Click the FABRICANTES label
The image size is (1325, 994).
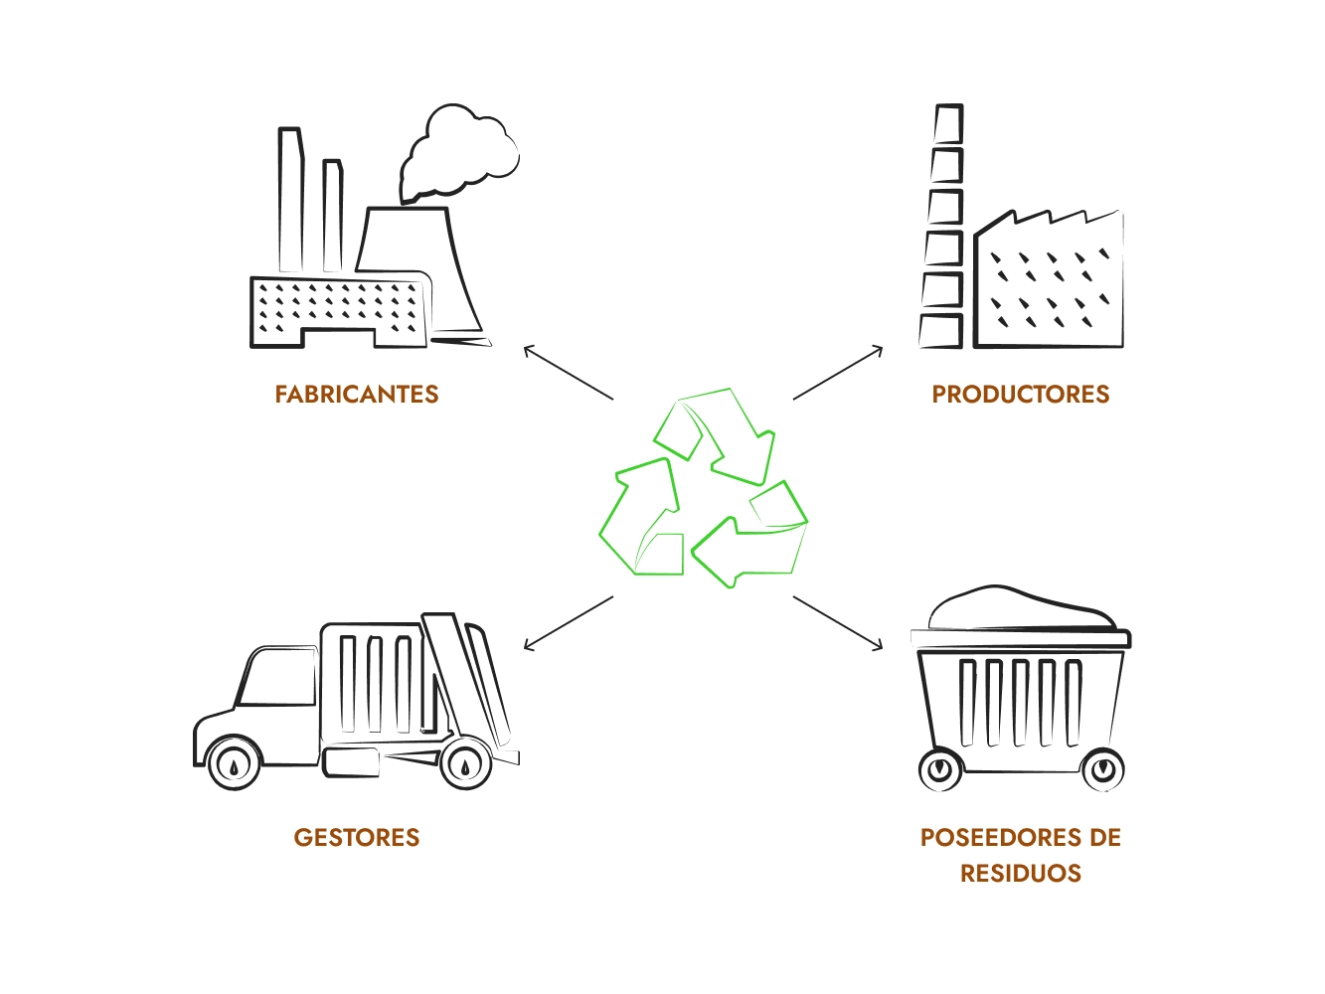pyautogui.click(x=357, y=395)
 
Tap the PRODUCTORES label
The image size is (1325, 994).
pyautogui.click(x=1020, y=395)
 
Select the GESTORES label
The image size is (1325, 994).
pyautogui.click(x=357, y=837)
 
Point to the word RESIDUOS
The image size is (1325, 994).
pyautogui.click(x=1020, y=873)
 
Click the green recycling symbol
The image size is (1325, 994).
pyautogui.click(x=704, y=487)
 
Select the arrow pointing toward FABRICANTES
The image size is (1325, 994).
pyautogui.click(x=568, y=373)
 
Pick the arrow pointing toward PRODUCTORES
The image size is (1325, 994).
pyautogui.click(x=838, y=373)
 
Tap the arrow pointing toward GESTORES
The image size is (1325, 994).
pyautogui.click(x=568, y=623)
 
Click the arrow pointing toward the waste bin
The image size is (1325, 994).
pyautogui.click(x=838, y=623)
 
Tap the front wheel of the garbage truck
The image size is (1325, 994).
pyautogui.click(x=235, y=764)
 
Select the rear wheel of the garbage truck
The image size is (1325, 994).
pyautogui.click(x=465, y=764)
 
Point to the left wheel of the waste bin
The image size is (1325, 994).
pyautogui.click(x=940, y=769)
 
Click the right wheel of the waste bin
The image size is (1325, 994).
pyautogui.click(x=1101, y=769)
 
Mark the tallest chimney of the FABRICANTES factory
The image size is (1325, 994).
pyautogui.click(x=290, y=199)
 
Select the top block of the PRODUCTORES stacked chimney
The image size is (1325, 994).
pyautogui.click(x=948, y=124)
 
